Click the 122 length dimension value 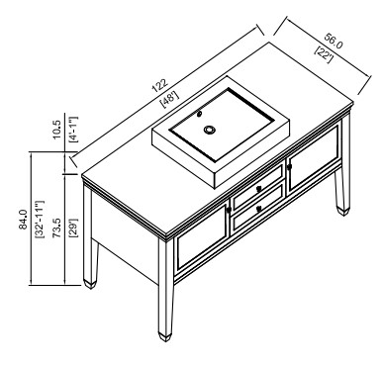(x=160, y=86)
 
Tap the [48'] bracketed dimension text (x=169, y=99)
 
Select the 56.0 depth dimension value (x=333, y=41)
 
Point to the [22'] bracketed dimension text (x=324, y=54)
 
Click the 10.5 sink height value (x=56, y=129)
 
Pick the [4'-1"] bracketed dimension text (x=73, y=129)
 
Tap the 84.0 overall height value (x=23, y=220)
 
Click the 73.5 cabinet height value (x=56, y=228)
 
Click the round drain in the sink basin (x=209, y=130)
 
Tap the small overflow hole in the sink (x=199, y=114)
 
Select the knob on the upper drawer (x=258, y=189)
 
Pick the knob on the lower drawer (x=259, y=209)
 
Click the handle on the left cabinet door (x=229, y=210)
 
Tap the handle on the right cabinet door (x=289, y=167)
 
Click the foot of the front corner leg (x=165, y=336)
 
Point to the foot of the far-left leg (x=90, y=284)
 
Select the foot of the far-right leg (x=342, y=211)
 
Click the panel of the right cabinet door (x=314, y=156)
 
